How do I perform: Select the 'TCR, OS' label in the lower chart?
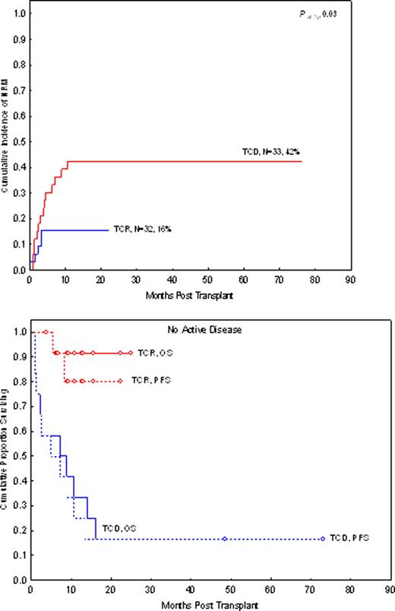click(150, 353)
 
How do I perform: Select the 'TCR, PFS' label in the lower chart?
click(152, 380)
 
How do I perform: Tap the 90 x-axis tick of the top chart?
click(351, 279)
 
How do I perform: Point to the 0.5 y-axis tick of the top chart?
click(17, 141)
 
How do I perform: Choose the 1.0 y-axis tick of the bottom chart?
click(17, 332)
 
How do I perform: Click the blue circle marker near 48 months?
click(224, 539)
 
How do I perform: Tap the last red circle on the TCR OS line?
click(131, 353)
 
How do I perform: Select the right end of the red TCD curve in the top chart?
click(302, 161)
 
